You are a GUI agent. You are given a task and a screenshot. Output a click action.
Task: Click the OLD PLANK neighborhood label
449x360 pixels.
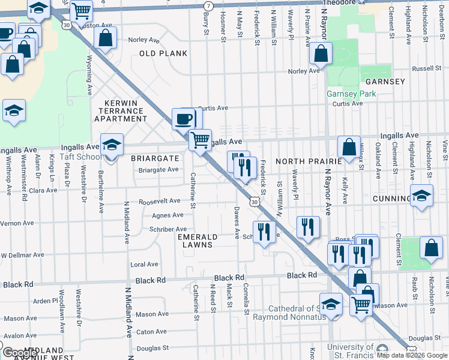pyautogui.click(x=163, y=53)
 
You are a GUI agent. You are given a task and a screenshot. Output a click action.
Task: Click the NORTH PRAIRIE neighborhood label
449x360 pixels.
pyautogui.click(x=308, y=161)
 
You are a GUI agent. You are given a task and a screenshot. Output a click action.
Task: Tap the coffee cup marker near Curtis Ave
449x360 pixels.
pyautogui.click(x=183, y=118)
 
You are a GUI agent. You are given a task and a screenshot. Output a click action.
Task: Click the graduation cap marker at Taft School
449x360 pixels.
pyautogui.click(x=112, y=144)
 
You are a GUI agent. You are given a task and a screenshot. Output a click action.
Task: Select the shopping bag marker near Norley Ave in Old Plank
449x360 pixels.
pyautogui.click(x=106, y=38)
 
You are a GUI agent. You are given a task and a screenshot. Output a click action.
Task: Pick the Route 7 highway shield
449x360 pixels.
pyautogui.click(x=208, y=5)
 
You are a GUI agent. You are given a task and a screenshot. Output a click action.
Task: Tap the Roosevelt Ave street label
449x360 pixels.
pyautogui.click(x=160, y=202)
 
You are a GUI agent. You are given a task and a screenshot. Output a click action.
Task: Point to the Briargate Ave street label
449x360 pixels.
pyautogui.click(x=159, y=170)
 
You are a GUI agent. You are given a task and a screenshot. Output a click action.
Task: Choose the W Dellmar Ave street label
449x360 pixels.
pyautogui.click(x=22, y=255)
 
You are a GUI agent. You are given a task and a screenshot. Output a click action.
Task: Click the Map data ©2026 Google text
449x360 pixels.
pyautogui.click(x=412, y=355)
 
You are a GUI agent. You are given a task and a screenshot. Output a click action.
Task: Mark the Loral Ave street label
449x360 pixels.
pyautogui.click(x=144, y=264)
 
